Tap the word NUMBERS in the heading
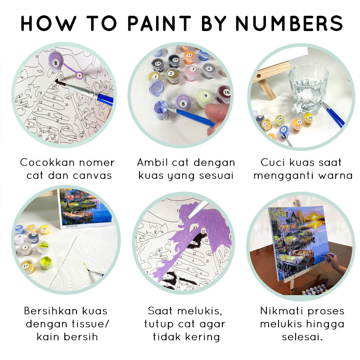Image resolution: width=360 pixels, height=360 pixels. [290, 23]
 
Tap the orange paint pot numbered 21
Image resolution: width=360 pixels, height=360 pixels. [189, 57]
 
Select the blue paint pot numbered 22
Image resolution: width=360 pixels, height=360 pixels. [283, 130]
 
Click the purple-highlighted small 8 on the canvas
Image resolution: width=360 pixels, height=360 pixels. [80, 75]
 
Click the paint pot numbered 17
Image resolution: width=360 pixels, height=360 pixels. [28, 265]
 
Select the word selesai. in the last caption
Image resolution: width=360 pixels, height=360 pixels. [302, 337]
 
